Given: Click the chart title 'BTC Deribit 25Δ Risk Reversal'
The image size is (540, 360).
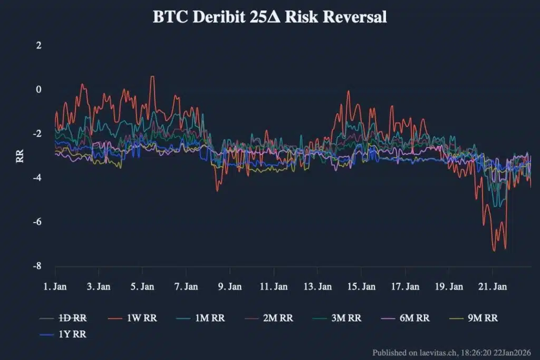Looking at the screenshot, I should (x=269, y=17).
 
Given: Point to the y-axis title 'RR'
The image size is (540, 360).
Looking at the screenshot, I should (x=20, y=157).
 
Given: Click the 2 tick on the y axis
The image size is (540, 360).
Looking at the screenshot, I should (x=38, y=45).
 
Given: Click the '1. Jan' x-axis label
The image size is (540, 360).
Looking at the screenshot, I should (x=55, y=287).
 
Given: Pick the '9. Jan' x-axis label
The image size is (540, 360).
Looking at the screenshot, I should (x=229, y=287).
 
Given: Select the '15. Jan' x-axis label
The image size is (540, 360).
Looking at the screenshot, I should (x=361, y=287).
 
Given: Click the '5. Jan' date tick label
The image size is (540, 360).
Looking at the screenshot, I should (x=142, y=287).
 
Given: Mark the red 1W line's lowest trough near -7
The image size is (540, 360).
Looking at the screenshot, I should (x=494, y=250).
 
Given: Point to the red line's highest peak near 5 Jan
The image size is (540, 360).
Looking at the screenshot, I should (x=152, y=77).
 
